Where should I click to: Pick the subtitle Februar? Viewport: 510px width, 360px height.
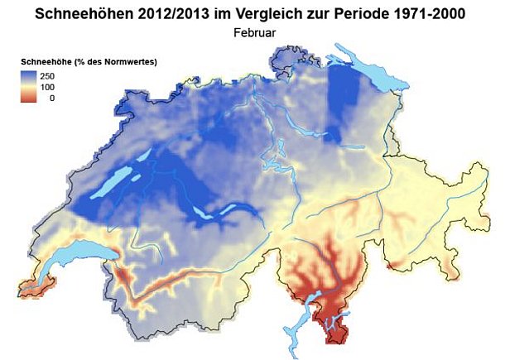click(255, 33)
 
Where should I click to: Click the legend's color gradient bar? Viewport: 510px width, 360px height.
click(31, 86)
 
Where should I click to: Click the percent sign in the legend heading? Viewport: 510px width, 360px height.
click(89, 62)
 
